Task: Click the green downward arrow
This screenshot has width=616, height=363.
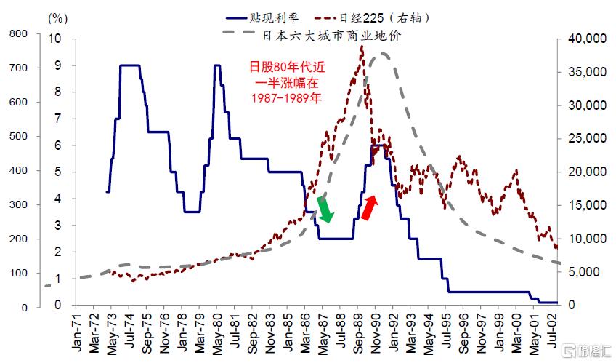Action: (325, 209)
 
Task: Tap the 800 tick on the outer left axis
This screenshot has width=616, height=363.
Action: (17, 33)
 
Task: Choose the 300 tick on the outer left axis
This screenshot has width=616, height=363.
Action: (17, 204)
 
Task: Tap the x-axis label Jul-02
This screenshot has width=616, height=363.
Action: (554, 335)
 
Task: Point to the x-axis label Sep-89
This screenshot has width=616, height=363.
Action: (358, 335)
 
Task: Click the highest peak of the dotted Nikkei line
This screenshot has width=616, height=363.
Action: (361, 47)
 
